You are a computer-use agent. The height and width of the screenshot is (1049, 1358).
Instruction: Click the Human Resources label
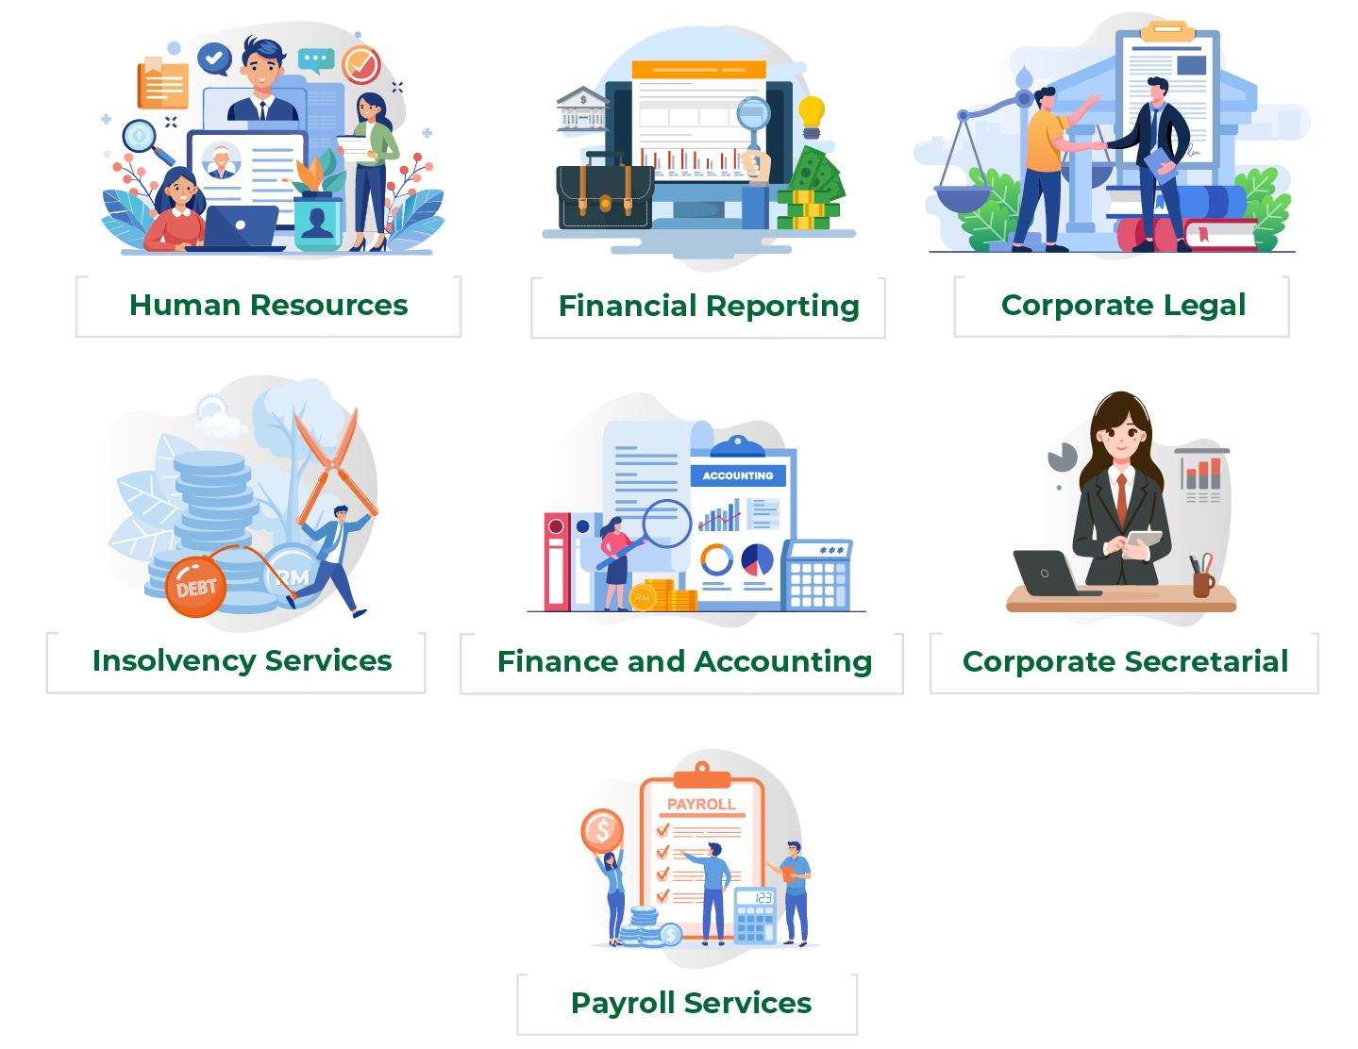(x=268, y=306)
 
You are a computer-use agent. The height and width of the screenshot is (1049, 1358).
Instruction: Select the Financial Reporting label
(x=709, y=307)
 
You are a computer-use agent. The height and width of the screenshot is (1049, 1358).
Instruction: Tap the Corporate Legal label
(x=1123, y=306)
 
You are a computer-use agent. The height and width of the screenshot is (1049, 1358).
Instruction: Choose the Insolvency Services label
(x=242, y=660)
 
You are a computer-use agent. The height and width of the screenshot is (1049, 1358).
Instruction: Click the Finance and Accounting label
(x=684, y=662)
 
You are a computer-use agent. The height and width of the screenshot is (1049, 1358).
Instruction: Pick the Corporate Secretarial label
(x=1125, y=661)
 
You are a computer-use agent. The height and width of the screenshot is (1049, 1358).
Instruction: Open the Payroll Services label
(x=691, y=1004)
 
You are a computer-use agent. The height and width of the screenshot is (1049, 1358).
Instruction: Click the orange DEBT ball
(x=195, y=587)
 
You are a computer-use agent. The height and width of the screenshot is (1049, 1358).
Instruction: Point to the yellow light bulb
(x=812, y=117)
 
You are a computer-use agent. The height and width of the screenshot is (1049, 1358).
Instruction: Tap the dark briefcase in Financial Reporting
(x=605, y=192)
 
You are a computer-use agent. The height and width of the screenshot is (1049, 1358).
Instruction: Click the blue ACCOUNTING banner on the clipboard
(x=737, y=475)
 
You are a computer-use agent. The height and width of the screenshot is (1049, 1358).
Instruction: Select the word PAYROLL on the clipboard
(x=701, y=805)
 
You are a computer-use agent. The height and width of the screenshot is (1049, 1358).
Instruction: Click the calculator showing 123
(x=755, y=915)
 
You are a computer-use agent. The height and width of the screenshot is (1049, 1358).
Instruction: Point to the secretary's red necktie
(x=1121, y=499)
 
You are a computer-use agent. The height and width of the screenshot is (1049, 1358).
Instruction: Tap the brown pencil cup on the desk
(x=1202, y=584)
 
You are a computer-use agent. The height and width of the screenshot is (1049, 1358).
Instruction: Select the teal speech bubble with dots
(x=316, y=60)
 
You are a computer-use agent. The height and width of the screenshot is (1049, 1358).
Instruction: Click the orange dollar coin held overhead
(x=602, y=830)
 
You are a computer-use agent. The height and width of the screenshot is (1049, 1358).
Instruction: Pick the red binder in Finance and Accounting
(x=556, y=561)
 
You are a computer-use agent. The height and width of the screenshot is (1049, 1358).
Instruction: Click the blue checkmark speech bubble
(x=214, y=59)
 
